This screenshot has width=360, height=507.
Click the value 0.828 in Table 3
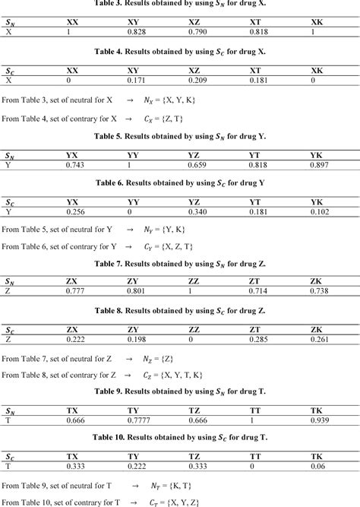pyautogui.click(x=137, y=33)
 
